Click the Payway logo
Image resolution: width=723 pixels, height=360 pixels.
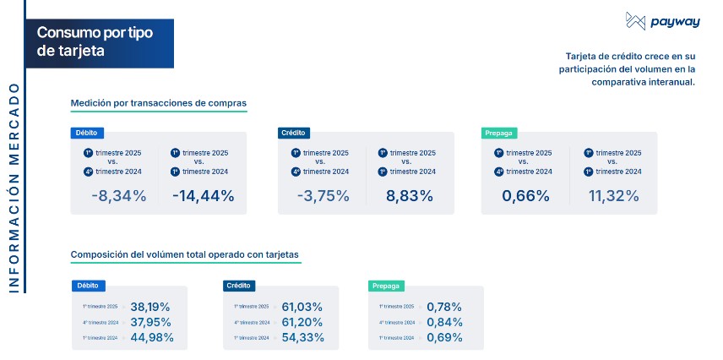(650, 22)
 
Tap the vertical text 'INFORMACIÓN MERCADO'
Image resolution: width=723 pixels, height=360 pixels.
(13, 188)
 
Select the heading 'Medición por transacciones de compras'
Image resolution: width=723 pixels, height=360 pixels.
(159, 103)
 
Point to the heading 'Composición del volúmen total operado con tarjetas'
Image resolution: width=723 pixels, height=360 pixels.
(184, 254)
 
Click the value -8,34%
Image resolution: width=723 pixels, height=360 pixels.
(119, 196)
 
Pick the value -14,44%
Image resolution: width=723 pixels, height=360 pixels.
(203, 196)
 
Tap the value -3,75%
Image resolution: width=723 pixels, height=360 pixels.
(323, 196)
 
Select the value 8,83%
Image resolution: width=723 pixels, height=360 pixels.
(410, 196)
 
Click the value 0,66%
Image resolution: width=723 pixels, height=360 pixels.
(526, 196)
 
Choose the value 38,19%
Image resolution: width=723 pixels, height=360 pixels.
(151, 306)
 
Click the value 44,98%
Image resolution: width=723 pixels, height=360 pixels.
(152, 337)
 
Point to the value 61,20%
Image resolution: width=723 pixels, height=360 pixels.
(302, 322)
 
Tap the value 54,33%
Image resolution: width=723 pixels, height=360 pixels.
(302, 337)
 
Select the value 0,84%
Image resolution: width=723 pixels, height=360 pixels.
(444, 322)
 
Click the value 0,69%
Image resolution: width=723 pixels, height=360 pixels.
(444, 337)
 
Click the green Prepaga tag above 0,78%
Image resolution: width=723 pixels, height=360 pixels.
(386, 286)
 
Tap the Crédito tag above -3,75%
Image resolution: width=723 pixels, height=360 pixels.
(294, 133)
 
